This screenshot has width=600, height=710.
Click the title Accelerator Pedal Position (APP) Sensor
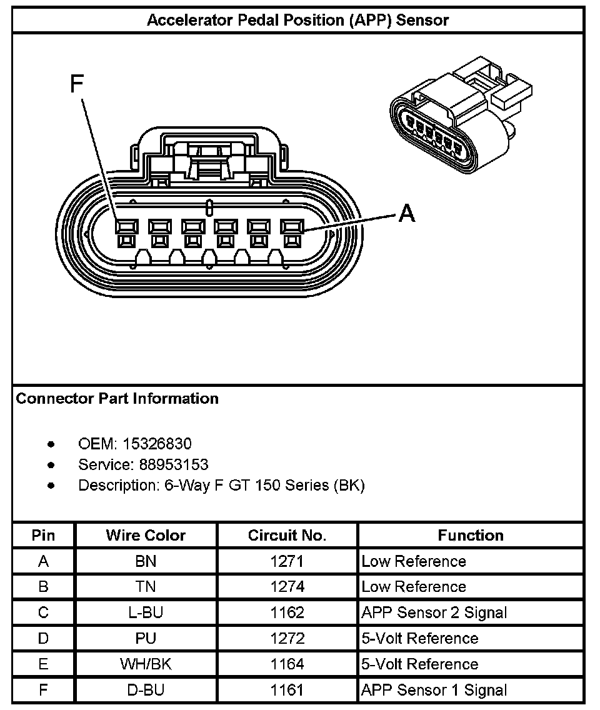(x=297, y=20)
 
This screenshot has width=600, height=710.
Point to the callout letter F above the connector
(x=76, y=84)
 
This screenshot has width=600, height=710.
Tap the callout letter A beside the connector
(x=406, y=214)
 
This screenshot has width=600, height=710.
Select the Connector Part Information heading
(x=117, y=399)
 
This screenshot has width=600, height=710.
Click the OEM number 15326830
(x=157, y=444)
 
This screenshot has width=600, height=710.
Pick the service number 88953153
(x=166, y=464)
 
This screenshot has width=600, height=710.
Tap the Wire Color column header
(x=146, y=536)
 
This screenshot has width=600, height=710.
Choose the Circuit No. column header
(x=287, y=536)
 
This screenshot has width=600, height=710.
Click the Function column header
(x=470, y=536)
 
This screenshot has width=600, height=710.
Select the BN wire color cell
(x=146, y=561)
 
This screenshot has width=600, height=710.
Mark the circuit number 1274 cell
(x=287, y=587)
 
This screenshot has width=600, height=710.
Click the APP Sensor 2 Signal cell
(x=434, y=612)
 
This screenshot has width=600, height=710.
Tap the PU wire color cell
(x=146, y=638)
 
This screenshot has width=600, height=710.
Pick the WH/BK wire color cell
(x=146, y=664)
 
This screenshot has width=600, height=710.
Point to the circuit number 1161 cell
(x=287, y=690)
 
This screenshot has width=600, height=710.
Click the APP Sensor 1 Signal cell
(x=434, y=690)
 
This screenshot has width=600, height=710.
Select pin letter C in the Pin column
(x=43, y=612)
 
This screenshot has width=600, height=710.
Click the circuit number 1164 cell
(x=287, y=664)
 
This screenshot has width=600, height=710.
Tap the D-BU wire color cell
(x=146, y=690)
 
